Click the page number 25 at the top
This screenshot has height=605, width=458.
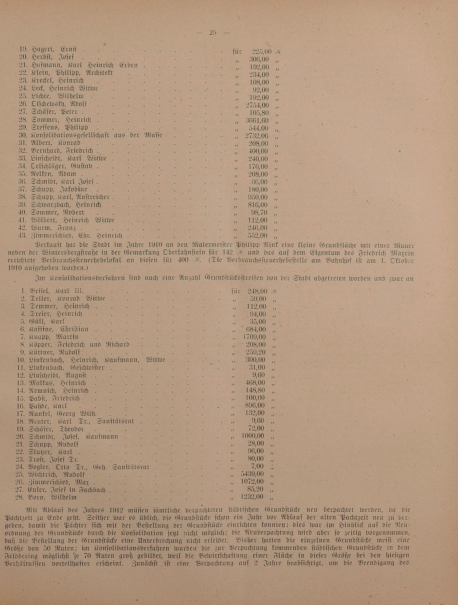(x=213, y=33)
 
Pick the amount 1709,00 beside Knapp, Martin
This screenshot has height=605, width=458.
(x=254, y=337)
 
